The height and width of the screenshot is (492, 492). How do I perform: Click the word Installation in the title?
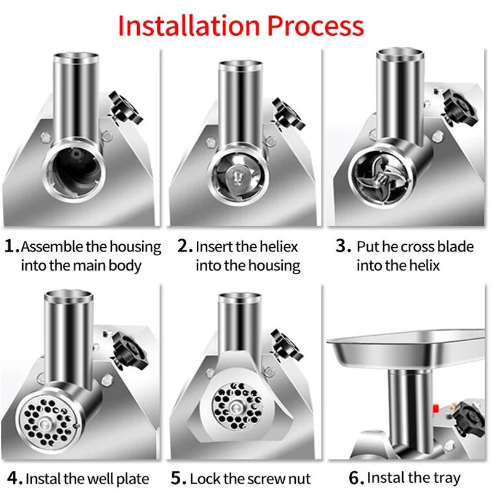189,26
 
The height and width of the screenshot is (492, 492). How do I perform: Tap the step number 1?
12,246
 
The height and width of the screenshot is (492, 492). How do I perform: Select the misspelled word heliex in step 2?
278,247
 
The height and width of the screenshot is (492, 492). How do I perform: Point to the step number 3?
343,246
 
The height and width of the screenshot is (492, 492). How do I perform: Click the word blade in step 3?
455,247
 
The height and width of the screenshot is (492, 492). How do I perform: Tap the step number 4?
15,478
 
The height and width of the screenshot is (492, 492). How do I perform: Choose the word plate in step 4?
133,480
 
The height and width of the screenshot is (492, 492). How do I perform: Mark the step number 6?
357,478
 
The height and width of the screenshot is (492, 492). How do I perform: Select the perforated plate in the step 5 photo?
237,407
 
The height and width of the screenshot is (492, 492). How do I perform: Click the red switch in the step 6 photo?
436,408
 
